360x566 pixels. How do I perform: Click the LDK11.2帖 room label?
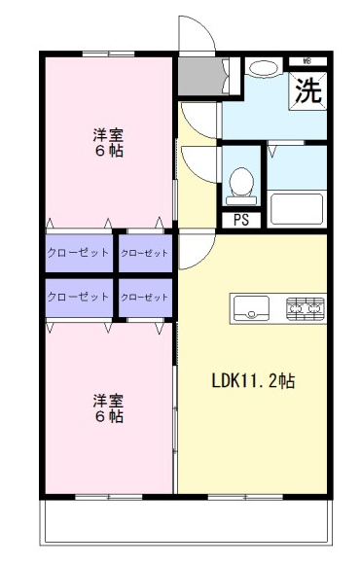(253, 380)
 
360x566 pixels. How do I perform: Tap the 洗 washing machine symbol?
(308, 90)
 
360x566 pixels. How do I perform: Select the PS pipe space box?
(241, 220)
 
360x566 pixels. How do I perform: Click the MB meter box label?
(307, 61)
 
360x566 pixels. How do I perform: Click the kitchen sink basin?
(251, 308)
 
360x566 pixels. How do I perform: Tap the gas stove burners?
(306, 308)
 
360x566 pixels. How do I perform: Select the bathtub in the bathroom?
(297, 209)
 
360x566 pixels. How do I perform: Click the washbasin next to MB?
(264, 68)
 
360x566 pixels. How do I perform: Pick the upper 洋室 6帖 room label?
(108, 143)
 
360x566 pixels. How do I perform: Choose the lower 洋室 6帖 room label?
(108, 408)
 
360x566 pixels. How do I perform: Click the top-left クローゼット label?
(78, 252)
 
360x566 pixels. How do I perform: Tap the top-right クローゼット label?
(144, 253)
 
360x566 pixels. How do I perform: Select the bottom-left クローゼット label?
(78, 297)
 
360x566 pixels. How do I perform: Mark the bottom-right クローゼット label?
(144, 298)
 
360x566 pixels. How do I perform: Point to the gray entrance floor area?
(200, 76)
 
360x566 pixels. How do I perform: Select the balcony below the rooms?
(186, 521)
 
